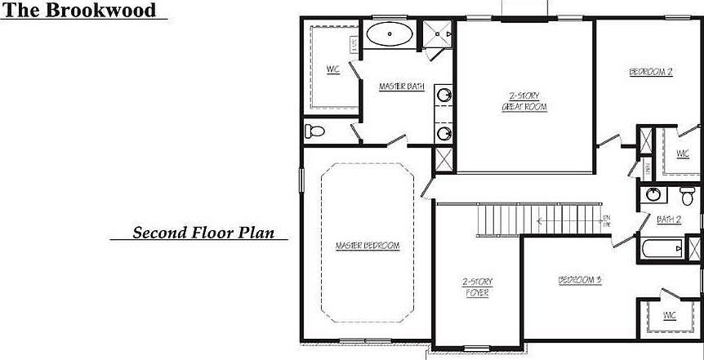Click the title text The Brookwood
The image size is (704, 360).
[82, 11]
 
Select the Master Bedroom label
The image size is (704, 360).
[368, 246]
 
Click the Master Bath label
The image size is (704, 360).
[401, 87]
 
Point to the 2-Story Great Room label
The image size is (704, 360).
[524, 101]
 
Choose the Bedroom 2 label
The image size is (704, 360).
[650, 72]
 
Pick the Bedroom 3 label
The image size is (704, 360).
[579, 281]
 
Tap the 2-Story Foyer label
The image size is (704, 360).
[478, 287]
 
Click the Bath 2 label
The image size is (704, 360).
[668, 220]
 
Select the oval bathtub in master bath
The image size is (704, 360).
[389, 35]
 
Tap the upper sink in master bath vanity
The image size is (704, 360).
[443, 96]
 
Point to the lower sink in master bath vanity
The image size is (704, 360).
[443, 132]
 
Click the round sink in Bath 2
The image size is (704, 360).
[653, 195]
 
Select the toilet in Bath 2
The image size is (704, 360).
[686, 194]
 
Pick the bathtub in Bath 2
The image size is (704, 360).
[662, 248]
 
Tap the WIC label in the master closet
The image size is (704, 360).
[333, 69]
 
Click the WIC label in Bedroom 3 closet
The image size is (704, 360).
[670, 314]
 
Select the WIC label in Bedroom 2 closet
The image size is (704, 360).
[683, 153]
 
